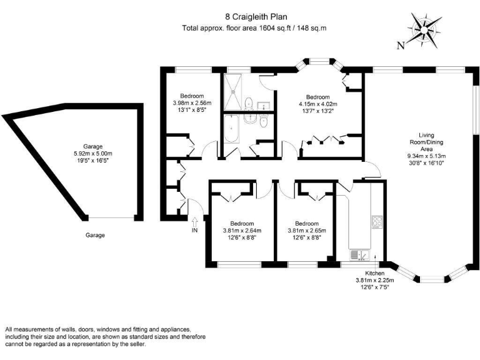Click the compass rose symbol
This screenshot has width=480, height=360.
[424, 30]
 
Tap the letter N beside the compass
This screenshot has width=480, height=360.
[401, 46]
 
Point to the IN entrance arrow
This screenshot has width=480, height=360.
[195, 221]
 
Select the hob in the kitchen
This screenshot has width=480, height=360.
[377, 222]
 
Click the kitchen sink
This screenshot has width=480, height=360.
[359, 255]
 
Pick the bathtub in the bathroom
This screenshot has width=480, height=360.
[232, 129]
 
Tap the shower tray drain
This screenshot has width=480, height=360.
[233, 91]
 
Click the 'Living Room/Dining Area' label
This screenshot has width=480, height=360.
[426, 142]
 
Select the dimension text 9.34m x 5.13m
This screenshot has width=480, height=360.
[426, 156]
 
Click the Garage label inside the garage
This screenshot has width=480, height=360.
[92, 147]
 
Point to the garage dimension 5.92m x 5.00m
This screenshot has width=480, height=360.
[92, 154]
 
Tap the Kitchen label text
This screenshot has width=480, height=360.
[375, 273]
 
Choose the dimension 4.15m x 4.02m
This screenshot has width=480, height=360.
[318, 104]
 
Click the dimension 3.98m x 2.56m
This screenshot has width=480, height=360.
[192, 103]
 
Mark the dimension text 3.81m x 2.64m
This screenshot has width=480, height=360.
[242, 231]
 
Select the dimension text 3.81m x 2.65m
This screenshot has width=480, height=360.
[307, 231]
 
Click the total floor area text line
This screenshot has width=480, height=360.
[254, 28]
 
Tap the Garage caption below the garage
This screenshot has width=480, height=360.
[95, 235]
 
